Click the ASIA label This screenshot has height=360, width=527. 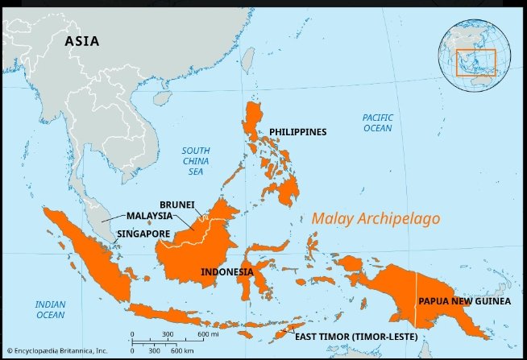tap(82, 41)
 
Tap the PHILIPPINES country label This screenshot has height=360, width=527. tap(297, 131)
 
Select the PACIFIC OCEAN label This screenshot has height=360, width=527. tap(377, 122)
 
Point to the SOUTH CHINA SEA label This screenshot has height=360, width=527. tap(195, 161)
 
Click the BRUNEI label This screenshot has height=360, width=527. tap(177, 205)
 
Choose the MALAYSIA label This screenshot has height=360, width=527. tap(149, 216)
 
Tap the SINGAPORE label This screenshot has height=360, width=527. tap(143, 234)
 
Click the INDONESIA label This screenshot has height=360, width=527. tap(226, 272)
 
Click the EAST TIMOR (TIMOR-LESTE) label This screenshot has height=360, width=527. tap(355, 336)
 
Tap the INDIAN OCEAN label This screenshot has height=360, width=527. tap(49, 309)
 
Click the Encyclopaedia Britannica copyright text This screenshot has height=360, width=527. tap(56, 351)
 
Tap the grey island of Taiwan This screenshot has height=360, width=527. tap(249, 57)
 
